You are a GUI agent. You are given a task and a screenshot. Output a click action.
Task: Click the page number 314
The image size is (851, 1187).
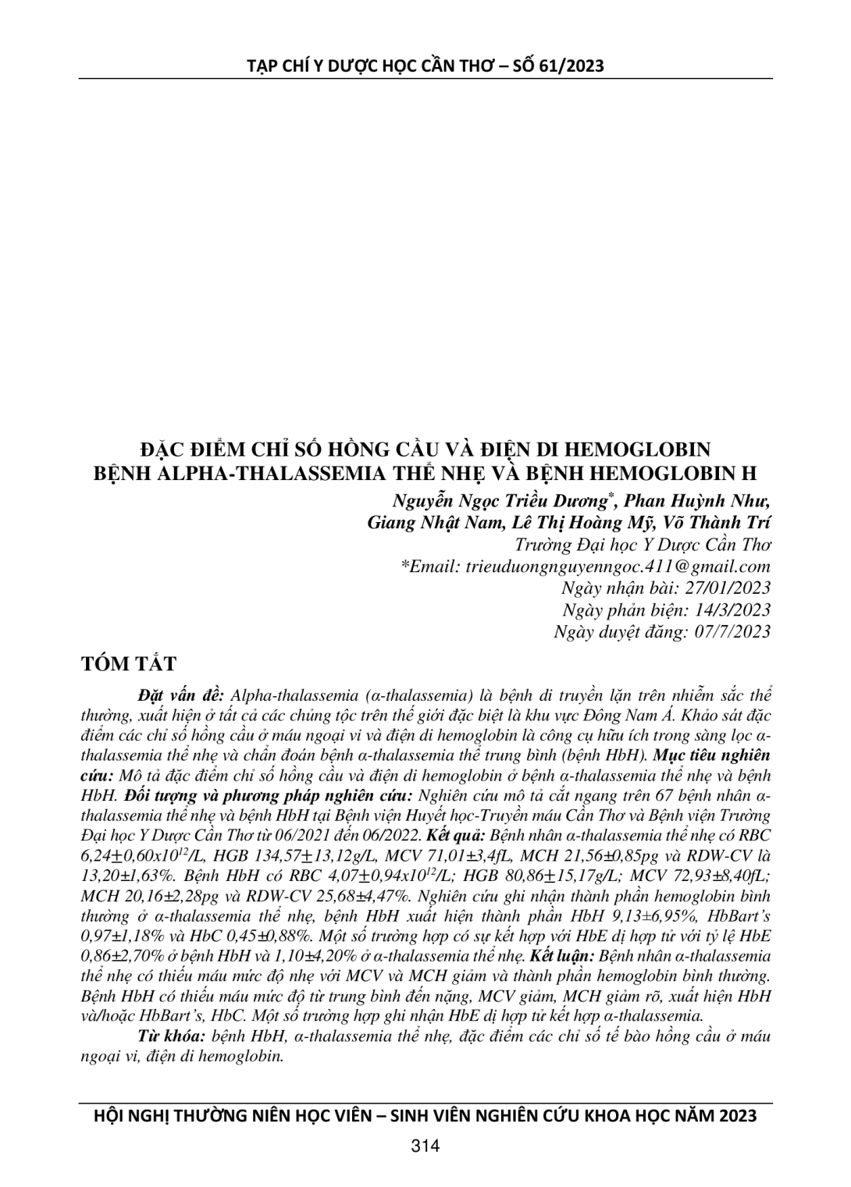[425, 1146]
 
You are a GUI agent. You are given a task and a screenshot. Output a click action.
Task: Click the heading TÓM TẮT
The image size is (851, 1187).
[129, 664]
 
